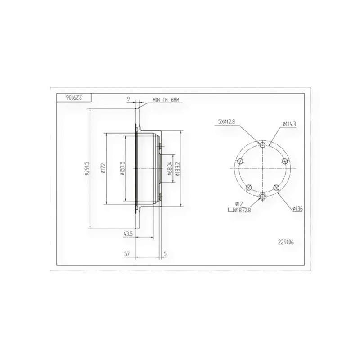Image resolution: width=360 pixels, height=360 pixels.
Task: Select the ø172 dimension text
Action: [103, 168]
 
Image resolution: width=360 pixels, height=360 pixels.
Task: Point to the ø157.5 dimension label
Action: [122, 168]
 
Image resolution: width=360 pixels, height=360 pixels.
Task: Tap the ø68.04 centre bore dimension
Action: [170, 169]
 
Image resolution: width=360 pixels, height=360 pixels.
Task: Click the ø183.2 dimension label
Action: [178, 169]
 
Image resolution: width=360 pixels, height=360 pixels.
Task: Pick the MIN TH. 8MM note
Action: [166, 100]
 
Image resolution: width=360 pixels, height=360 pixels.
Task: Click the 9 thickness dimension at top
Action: [129, 99]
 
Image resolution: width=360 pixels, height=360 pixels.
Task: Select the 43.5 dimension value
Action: [128, 234]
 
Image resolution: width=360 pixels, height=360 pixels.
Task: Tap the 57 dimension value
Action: [127, 254]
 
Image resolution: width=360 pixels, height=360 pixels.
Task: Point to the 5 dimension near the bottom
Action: [166, 254]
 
